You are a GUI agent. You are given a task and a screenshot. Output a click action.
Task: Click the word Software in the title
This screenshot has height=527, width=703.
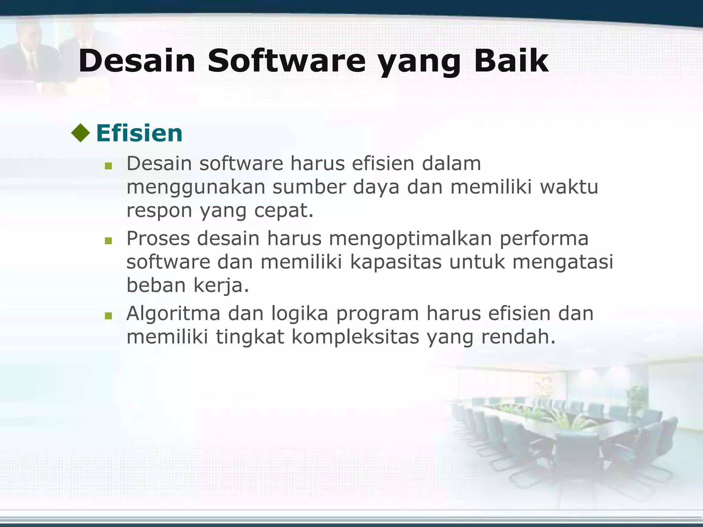tap(287, 61)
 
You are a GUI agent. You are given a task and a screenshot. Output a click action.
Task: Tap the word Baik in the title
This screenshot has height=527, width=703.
tap(511, 61)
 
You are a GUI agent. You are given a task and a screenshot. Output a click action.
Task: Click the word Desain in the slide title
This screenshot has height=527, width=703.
tap(137, 61)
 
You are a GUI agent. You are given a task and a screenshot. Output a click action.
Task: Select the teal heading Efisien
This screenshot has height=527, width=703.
tap(139, 133)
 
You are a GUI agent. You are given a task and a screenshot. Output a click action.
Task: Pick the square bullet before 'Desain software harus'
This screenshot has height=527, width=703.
tap(108, 166)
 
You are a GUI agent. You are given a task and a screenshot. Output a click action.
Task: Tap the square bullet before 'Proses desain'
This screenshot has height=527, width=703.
tap(108, 241)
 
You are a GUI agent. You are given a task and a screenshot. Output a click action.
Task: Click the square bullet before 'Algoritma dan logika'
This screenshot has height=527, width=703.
tap(108, 316)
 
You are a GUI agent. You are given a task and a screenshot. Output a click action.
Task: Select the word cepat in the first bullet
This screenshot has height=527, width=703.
tap(284, 211)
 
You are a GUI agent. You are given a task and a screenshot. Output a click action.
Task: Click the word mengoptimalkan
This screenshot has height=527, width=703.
tap(411, 239)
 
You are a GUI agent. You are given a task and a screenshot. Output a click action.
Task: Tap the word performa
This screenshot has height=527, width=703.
tap(544, 239)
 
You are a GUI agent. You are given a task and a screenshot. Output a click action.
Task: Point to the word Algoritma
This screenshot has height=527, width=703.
tap(173, 314)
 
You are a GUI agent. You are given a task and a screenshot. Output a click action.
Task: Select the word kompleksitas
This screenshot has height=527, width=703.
tap(355, 337)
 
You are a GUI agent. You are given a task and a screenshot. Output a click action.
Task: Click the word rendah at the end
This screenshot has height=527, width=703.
tap(518, 337)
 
